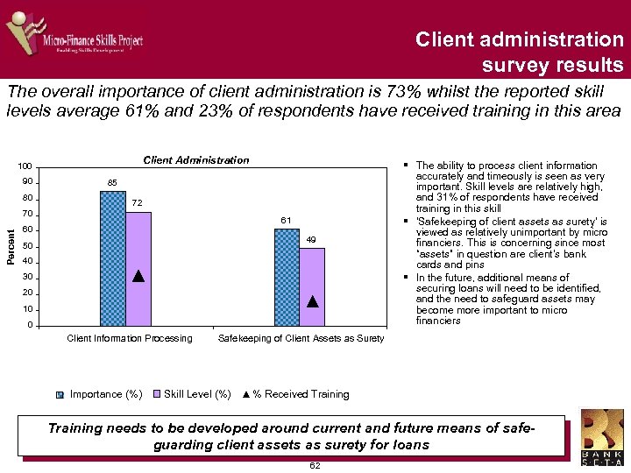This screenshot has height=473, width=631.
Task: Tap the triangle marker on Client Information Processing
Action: tap(138, 276)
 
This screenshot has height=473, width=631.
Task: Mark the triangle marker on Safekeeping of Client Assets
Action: tap(312, 301)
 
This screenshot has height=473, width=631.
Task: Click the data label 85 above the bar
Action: tap(112, 182)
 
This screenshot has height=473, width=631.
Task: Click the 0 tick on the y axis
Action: tap(31, 326)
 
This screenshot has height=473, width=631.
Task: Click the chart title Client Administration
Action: tap(195, 160)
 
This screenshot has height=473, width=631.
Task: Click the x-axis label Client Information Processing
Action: tap(130, 339)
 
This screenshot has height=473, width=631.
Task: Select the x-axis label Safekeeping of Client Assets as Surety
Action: tap(300, 339)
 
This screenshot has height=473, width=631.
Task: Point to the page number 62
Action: tap(315, 466)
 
